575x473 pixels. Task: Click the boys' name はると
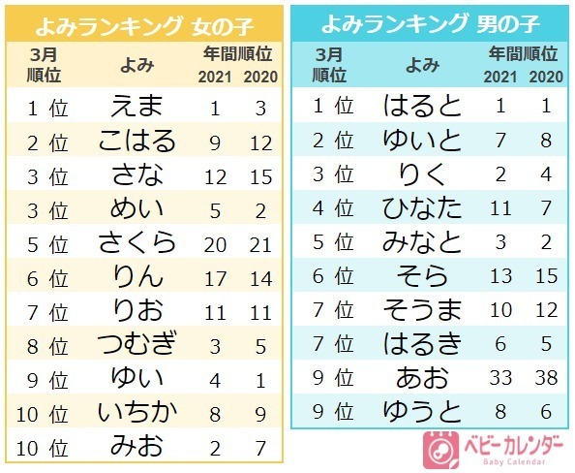[x=423, y=106]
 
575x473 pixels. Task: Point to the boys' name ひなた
[x=423, y=207]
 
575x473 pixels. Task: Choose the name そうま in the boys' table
[x=423, y=309]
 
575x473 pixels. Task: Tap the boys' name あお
[x=423, y=377]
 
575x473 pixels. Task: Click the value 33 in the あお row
[x=500, y=377]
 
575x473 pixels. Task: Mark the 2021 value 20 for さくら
[x=216, y=242]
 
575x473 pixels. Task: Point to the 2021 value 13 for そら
[x=500, y=276]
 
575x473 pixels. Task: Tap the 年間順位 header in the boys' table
[x=523, y=53]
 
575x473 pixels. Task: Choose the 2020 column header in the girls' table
[x=259, y=77]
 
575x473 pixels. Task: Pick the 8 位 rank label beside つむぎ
[x=45, y=344]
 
